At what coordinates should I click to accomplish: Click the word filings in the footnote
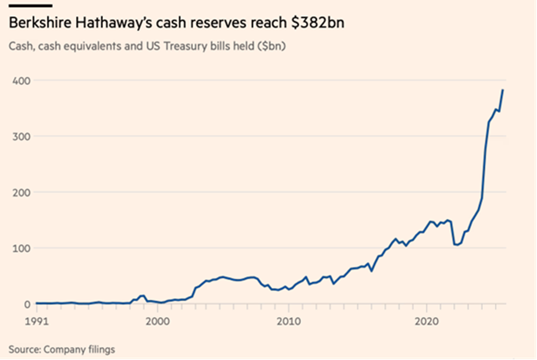tap(101, 349)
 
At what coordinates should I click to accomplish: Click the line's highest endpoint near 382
tap(503, 90)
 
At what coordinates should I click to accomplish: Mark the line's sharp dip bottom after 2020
tap(457, 245)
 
